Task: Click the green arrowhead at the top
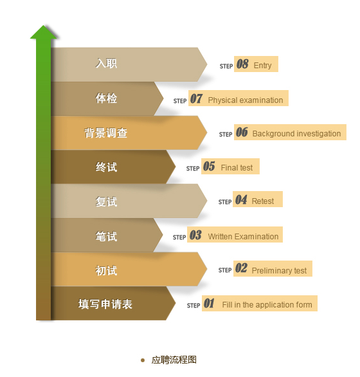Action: tap(44, 32)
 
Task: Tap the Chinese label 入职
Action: tap(106, 64)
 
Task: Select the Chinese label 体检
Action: tap(106, 98)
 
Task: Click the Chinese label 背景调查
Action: tap(105, 133)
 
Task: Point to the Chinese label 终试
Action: tap(106, 167)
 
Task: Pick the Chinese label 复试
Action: tap(106, 201)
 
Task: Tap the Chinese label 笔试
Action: tap(106, 236)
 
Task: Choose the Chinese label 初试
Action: tap(106, 270)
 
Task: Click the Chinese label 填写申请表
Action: tap(105, 304)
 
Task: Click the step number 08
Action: tap(242, 64)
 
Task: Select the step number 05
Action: tap(209, 167)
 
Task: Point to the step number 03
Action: tap(195, 235)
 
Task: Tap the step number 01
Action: tap(209, 304)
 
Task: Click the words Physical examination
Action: tap(246, 100)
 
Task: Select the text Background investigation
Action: tap(296, 134)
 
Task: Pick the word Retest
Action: tap(263, 201)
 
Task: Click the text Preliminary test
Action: tap(279, 271)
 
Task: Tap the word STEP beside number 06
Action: tap(226, 134)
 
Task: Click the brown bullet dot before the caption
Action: tap(143, 360)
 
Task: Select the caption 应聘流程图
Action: tap(174, 360)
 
